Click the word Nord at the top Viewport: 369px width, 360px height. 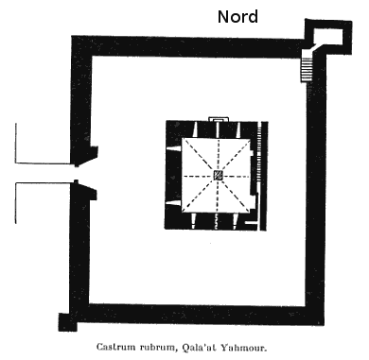pos(237,16)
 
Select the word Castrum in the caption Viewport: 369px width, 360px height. pos(128,347)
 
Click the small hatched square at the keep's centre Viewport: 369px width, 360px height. pos(217,176)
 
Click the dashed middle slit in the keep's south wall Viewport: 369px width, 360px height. pos(218,220)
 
